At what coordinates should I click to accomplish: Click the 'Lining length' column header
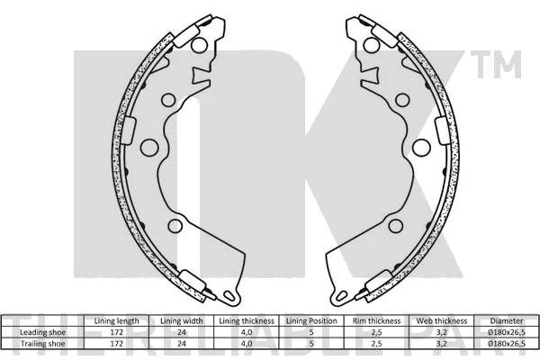click(116, 321)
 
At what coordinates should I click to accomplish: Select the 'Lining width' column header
click(182, 321)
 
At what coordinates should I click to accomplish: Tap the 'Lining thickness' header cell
click(247, 321)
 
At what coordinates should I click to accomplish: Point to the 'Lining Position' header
click(311, 321)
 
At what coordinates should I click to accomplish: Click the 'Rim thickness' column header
click(376, 321)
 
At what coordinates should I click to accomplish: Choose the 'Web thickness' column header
click(442, 321)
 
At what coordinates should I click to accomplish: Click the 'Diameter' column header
click(507, 321)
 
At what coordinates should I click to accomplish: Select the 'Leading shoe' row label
click(42, 332)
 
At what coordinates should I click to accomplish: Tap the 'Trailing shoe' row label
click(42, 344)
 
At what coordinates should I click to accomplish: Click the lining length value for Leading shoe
click(116, 332)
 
